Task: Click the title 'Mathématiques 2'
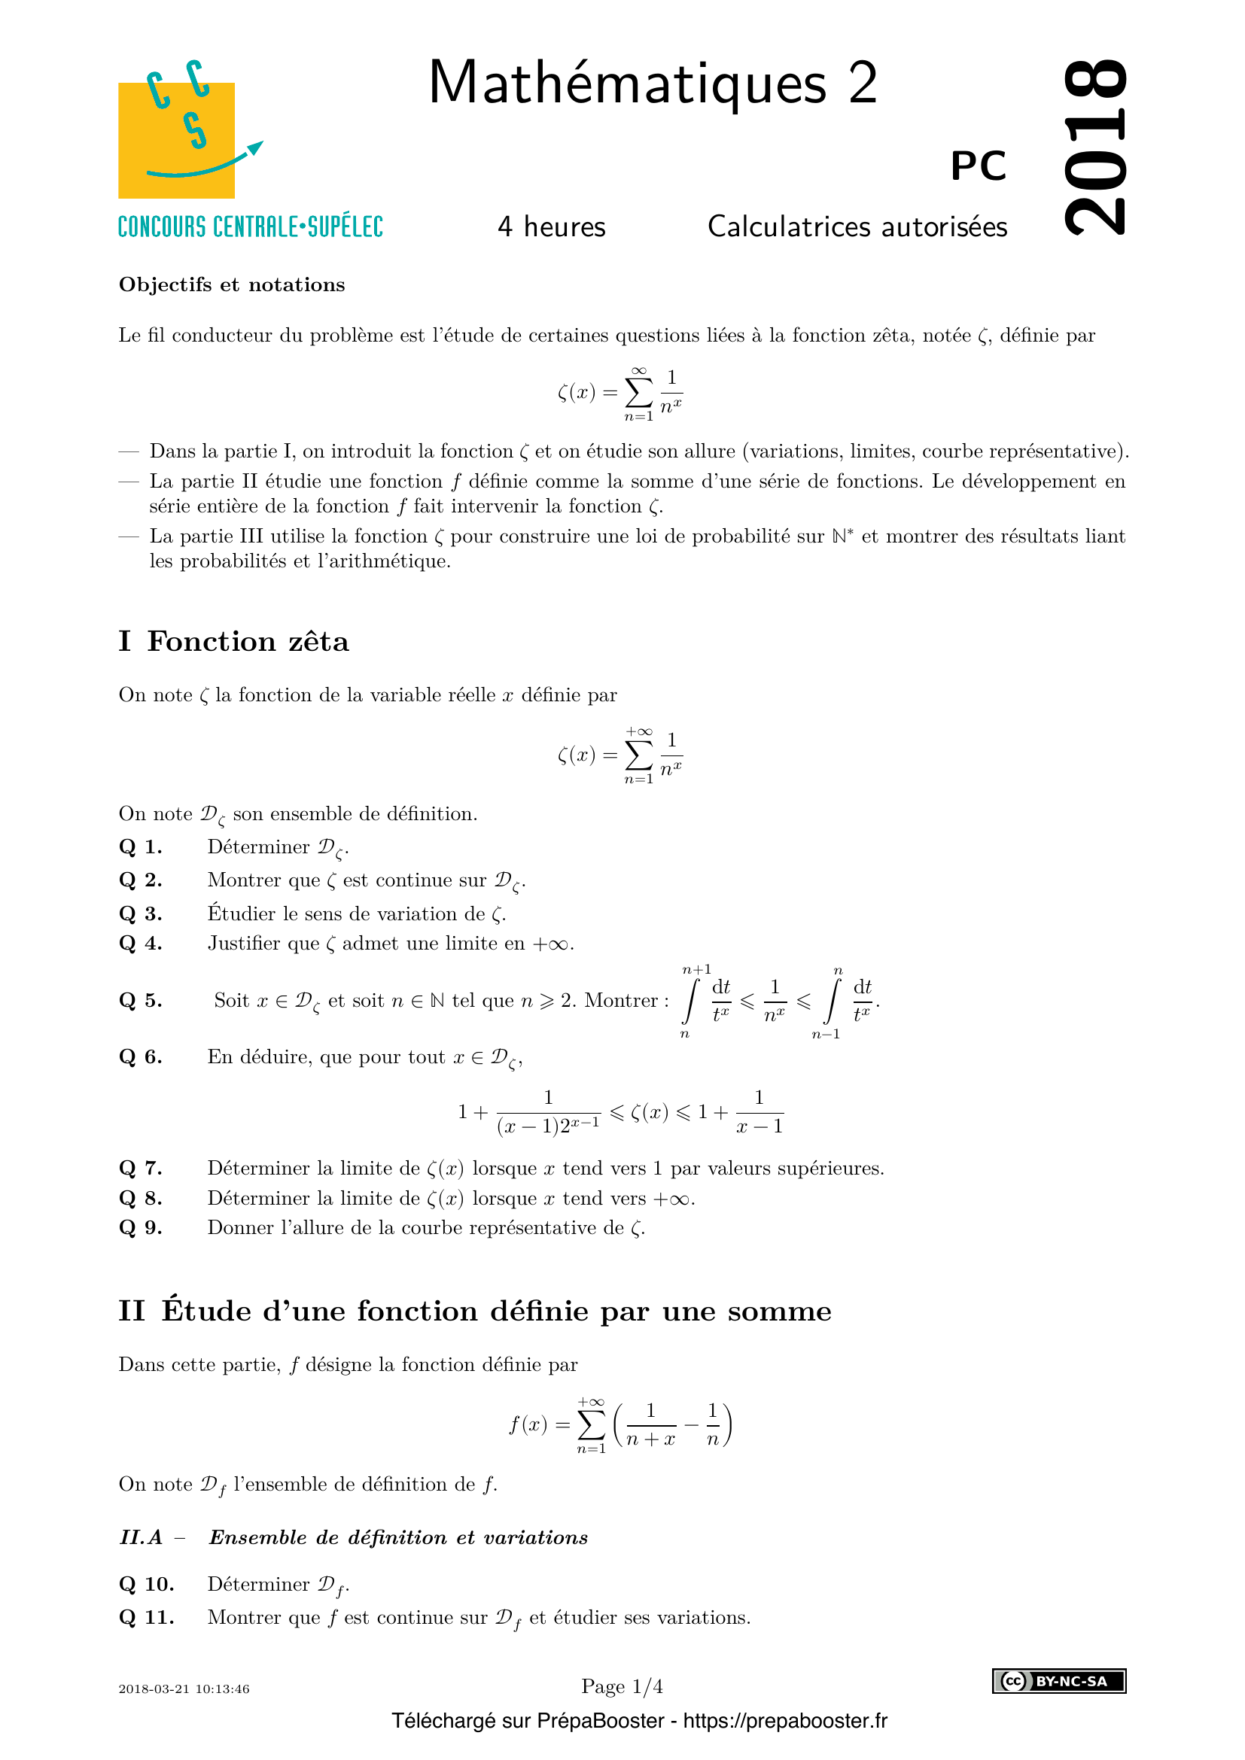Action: [x=653, y=83]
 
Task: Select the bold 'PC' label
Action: [x=978, y=166]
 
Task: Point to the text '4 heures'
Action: [x=551, y=227]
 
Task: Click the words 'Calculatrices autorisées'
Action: [x=857, y=227]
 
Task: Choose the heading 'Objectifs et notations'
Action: [x=232, y=285]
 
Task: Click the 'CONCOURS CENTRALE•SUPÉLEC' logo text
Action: [x=250, y=228]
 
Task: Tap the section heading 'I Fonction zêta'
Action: [x=233, y=641]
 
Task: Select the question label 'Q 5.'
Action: [x=140, y=1000]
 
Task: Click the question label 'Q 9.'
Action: [x=140, y=1227]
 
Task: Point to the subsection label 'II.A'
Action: [x=141, y=1537]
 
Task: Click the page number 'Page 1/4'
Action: [x=622, y=1686]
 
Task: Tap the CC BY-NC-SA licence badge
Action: [x=1059, y=1681]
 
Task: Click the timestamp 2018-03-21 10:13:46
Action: [x=184, y=1689]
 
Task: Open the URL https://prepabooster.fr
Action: [x=785, y=1721]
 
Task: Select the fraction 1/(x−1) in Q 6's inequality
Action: [x=759, y=1111]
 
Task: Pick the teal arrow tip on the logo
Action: [x=256, y=147]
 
